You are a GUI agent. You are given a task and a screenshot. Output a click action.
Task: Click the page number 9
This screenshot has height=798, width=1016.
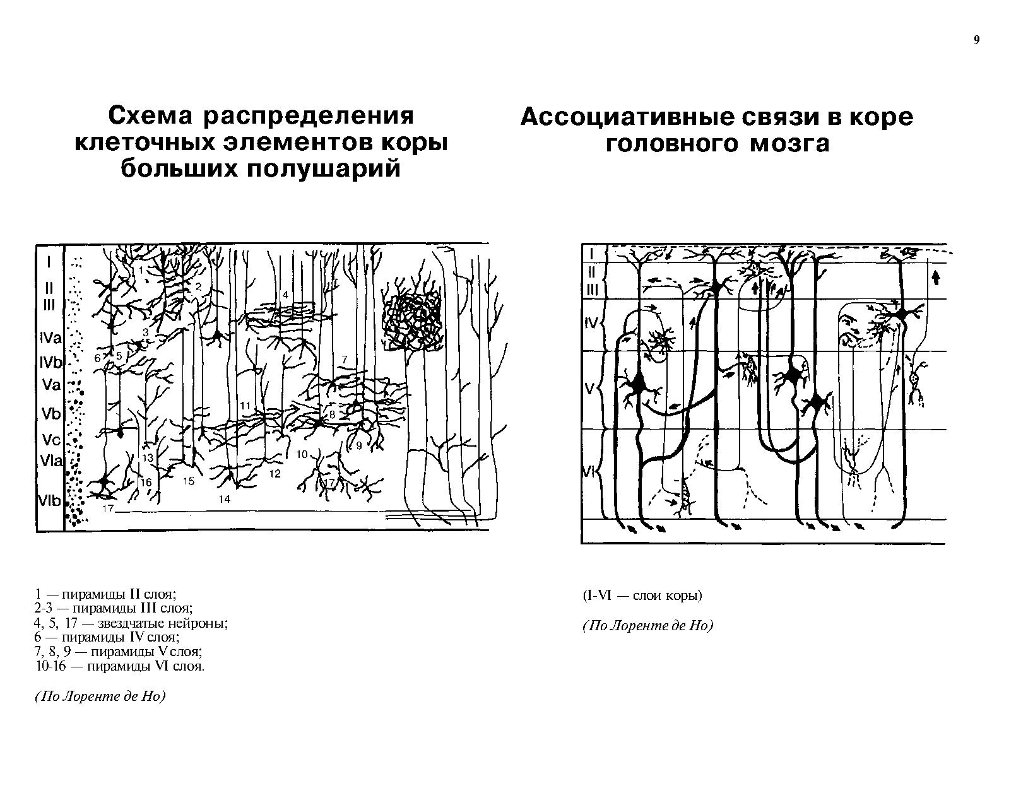[x=977, y=40]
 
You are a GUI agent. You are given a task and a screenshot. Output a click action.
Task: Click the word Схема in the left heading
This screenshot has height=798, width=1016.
[x=150, y=116]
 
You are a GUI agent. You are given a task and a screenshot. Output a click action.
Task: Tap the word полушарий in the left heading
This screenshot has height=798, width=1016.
[x=323, y=169]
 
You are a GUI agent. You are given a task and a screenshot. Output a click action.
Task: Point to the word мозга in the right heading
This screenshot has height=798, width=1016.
[x=789, y=144]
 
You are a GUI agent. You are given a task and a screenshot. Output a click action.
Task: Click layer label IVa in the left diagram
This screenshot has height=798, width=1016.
[x=50, y=337]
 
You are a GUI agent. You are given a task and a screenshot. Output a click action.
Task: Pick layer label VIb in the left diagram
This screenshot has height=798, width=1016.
[x=50, y=501]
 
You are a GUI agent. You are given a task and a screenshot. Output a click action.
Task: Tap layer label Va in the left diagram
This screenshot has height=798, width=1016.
[x=52, y=385]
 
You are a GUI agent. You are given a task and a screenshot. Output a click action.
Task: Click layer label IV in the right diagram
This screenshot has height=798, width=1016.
[x=591, y=323]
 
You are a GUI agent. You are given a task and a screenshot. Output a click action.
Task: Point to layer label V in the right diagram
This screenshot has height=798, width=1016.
[x=589, y=389]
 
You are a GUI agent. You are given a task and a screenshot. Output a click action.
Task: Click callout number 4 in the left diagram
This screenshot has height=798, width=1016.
[x=285, y=295]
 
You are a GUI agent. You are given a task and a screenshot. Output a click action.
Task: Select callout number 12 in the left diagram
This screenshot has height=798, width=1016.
[x=275, y=474]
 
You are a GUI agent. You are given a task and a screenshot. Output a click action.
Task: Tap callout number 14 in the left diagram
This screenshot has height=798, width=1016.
[x=225, y=499]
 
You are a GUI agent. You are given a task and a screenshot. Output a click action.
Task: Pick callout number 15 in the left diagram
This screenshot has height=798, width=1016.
[x=189, y=481]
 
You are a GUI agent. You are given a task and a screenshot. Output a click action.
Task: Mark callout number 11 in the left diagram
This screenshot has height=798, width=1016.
[x=245, y=405]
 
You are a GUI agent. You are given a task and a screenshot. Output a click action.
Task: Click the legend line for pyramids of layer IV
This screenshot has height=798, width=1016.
[x=107, y=637]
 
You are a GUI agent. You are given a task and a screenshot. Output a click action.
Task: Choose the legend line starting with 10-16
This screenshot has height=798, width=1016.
[x=120, y=666]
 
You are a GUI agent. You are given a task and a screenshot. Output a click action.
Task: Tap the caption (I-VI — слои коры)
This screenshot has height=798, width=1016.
[x=642, y=596]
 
